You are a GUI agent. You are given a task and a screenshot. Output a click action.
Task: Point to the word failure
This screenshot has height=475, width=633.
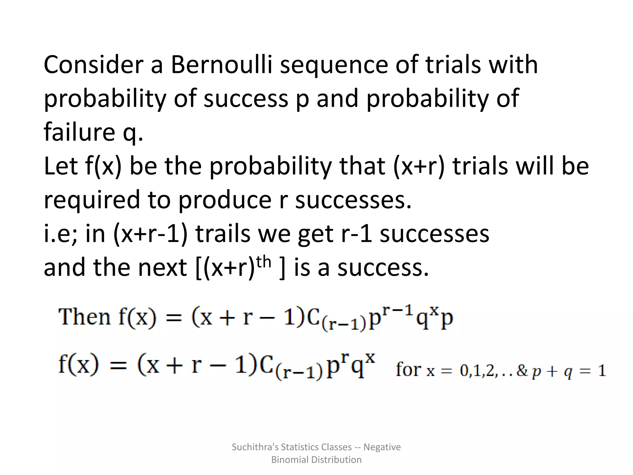[79, 132]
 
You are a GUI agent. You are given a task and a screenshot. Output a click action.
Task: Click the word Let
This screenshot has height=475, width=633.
[61, 166]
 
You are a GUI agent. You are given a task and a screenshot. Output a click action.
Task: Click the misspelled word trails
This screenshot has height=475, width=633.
[223, 233]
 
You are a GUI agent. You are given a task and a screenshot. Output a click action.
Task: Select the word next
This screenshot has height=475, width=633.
[162, 267]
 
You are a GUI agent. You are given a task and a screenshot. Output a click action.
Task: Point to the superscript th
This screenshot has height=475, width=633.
[264, 262]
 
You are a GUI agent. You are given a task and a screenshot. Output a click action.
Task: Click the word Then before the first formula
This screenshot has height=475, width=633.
[84, 317]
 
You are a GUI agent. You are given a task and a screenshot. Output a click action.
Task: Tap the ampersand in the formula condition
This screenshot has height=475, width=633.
[522, 370]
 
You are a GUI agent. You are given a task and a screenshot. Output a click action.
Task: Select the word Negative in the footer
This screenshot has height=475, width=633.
[382, 447]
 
